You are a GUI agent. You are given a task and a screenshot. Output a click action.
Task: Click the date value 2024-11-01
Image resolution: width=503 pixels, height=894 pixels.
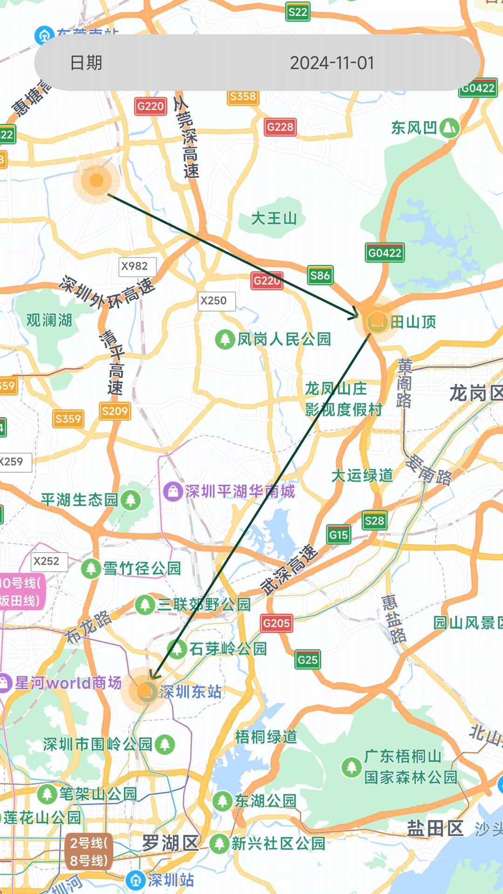click(332, 63)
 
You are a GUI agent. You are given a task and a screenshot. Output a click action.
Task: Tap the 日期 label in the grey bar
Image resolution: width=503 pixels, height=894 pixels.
click(86, 63)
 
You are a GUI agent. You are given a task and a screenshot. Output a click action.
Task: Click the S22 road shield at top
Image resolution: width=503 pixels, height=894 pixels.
click(298, 12)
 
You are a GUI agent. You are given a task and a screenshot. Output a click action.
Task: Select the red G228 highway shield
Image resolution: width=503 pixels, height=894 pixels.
click(280, 127)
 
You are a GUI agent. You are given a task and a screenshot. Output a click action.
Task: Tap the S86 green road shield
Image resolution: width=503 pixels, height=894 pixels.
click(320, 276)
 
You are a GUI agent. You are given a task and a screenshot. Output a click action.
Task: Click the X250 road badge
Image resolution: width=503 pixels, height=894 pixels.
click(214, 301)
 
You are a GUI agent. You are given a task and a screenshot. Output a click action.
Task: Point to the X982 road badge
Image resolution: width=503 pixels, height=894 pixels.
click(135, 266)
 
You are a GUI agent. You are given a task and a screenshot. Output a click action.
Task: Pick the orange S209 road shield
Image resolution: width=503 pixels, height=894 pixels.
click(115, 411)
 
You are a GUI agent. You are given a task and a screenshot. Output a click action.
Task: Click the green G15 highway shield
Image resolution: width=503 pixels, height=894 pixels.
click(339, 535)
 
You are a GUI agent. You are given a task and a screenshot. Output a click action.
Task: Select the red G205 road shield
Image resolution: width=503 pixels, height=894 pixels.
click(276, 623)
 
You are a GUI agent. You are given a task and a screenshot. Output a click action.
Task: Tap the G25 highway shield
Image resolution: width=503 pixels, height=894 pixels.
click(307, 660)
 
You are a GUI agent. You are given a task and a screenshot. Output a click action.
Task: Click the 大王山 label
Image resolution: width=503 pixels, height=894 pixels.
click(274, 218)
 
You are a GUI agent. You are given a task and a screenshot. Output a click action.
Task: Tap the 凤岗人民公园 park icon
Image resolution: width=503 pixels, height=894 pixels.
click(224, 339)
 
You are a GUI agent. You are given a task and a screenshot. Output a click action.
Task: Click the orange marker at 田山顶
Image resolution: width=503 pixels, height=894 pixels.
click(377, 321)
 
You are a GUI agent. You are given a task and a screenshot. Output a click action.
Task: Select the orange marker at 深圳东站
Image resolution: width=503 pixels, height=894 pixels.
click(146, 691)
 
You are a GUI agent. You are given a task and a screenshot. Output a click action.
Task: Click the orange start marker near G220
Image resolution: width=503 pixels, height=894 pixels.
click(96, 180)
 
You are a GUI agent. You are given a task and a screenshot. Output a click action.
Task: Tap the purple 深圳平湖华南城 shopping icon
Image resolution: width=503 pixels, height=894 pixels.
click(173, 491)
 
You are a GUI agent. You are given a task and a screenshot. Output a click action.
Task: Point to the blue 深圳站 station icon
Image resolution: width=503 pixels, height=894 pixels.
click(136, 880)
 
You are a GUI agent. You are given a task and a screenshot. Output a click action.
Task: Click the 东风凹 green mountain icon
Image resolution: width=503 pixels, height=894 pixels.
click(449, 128)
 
